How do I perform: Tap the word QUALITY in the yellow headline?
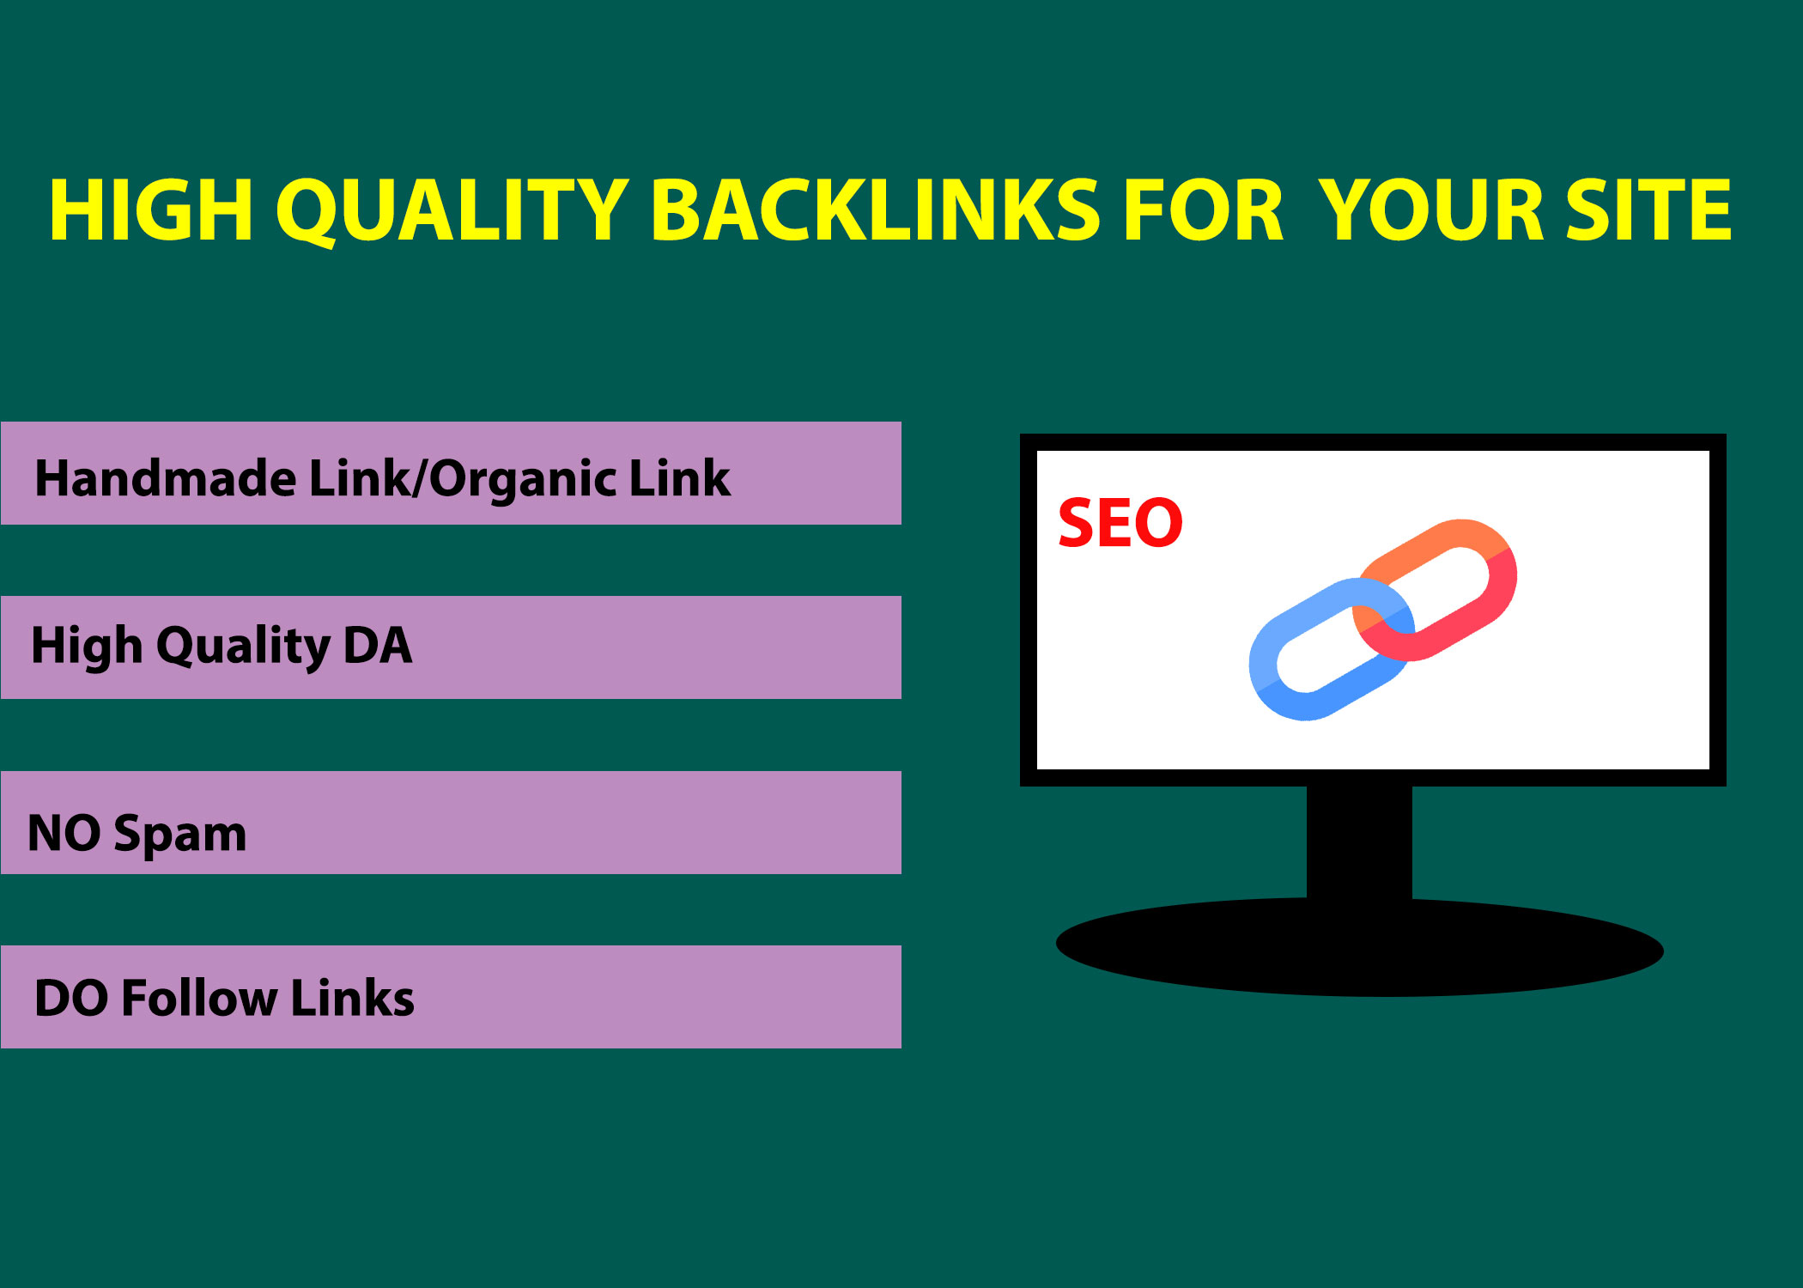pyautogui.click(x=452, y=211)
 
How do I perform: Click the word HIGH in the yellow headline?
pyautogui.click(x=150, y=210)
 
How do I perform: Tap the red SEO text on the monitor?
pyautogui.click(x=1120, y=522)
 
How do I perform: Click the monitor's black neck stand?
pyautogui.click(x=1359, y=841)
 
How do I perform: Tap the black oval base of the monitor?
pyautogui.click(x=1359, y=947)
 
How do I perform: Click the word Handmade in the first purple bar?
pyautogui.click(x=165, y=478)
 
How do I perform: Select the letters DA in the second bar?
pyautogui.click(x=377, y=646)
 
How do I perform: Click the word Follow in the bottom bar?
pyautogui.click(x=200, y=998)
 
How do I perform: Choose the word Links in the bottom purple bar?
pyautogui.click(x=353, y=998)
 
